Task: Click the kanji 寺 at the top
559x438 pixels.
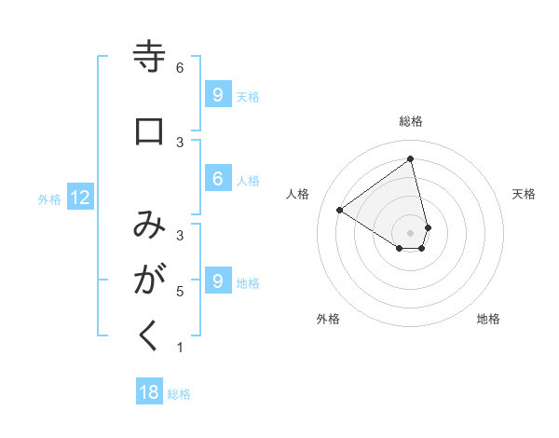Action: pos(149,58)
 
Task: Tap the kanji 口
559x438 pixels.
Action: pos(149,131)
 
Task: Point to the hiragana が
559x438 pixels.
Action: pos(149,280)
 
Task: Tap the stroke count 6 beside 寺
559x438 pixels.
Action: pos(180,67)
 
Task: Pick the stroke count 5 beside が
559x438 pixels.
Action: pos(180,292)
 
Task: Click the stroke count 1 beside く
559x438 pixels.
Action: pos(180,348)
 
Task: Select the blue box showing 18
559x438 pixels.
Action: pos(149,392)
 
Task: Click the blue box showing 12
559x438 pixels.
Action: pos(79,198)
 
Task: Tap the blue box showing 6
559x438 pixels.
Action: pos(217,179)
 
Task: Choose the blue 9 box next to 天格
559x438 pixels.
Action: pos(217,95)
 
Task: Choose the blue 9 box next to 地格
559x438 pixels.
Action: pos(217,281)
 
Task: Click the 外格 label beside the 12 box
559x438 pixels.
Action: pos(49,198)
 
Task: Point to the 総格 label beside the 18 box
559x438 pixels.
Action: pos(179,394)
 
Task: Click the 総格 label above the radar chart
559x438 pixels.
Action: pos(411,121)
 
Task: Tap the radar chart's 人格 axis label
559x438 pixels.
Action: pos(298,194)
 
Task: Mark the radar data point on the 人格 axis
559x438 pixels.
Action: pos(340,210)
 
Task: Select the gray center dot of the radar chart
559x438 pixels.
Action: pos(411,232)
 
